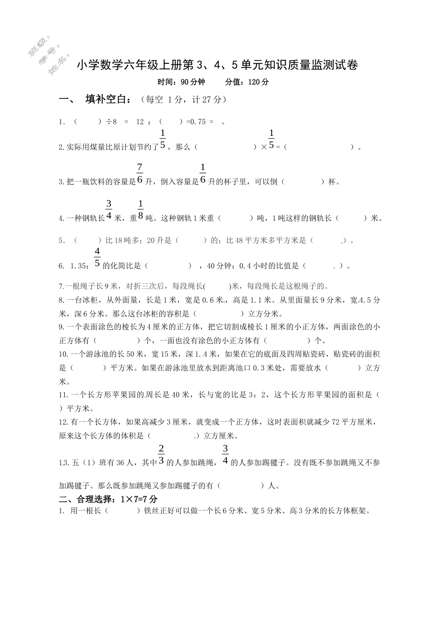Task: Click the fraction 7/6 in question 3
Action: click(x=140, y=174)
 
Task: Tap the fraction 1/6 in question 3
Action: click(x=202, y=174)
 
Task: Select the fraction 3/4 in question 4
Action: click(x=109, y=210)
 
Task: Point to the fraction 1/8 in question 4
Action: click(x=140, y=210)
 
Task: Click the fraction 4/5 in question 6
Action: click(x=97, y=257)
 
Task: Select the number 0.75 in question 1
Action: click(x=197, y=122)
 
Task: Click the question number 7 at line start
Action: click(x=61, y=286)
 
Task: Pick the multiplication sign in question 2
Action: click(x=264, y=147)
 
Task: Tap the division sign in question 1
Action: click(x=109, y=122)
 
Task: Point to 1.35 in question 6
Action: click(x=79, y=266)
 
